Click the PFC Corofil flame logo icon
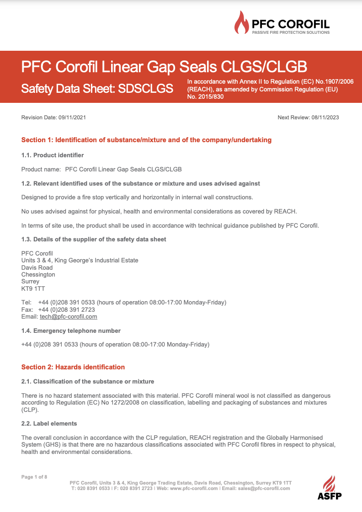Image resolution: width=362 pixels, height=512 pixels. click(242, 23)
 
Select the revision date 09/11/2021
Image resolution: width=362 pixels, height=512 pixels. click(72, 117)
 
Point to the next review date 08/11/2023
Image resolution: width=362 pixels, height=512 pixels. click(325, 117)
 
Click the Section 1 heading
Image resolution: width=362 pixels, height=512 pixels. click(146, 140)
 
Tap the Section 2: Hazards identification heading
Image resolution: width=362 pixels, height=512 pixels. click(73, 367)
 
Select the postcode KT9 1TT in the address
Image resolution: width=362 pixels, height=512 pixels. click(33, 289)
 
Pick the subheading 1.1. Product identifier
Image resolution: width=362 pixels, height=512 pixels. click(53, 155)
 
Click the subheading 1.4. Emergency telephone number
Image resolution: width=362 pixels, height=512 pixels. click(71, 331)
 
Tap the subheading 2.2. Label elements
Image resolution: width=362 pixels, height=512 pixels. click(49, 424)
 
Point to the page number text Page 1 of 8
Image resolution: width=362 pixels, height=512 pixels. click(34, 477)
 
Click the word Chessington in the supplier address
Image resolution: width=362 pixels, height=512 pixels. click(38, 275)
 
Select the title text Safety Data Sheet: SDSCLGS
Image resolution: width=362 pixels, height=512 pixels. click(97, 89)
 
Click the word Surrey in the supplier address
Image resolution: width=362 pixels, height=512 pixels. click(31, 282)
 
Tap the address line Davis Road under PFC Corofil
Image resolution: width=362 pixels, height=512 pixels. click(37, 267)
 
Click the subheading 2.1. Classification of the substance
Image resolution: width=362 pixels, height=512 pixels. click(88, 381)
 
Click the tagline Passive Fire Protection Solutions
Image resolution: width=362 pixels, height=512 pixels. click(291, 32)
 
